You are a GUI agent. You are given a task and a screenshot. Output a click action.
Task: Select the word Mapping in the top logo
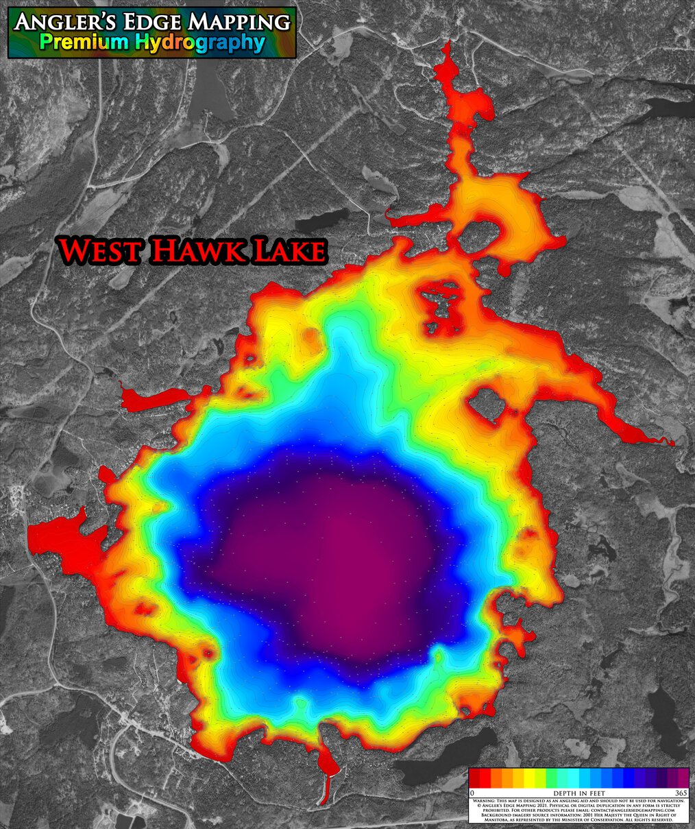coord(236,22)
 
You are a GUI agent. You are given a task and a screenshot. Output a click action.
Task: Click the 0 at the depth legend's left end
coord(473,793)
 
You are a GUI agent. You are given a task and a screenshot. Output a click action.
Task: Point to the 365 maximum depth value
coord(681,793)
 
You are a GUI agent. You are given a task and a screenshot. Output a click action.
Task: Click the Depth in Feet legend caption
coord(578,793)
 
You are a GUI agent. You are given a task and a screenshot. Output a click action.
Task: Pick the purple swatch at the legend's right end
coord(683,778)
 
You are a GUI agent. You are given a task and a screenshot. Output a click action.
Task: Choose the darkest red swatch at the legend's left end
coord(475,778)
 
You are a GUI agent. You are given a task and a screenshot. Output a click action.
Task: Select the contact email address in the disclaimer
coord(633,810)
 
